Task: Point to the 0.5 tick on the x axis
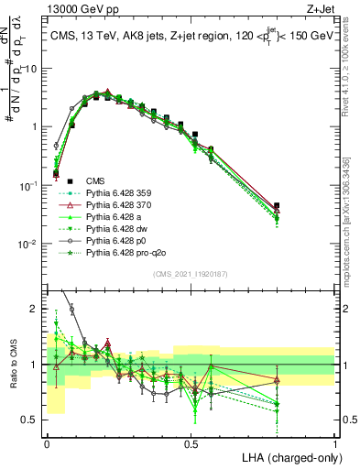click(x=191, y=443)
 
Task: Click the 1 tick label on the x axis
click(x=335, y=443)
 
